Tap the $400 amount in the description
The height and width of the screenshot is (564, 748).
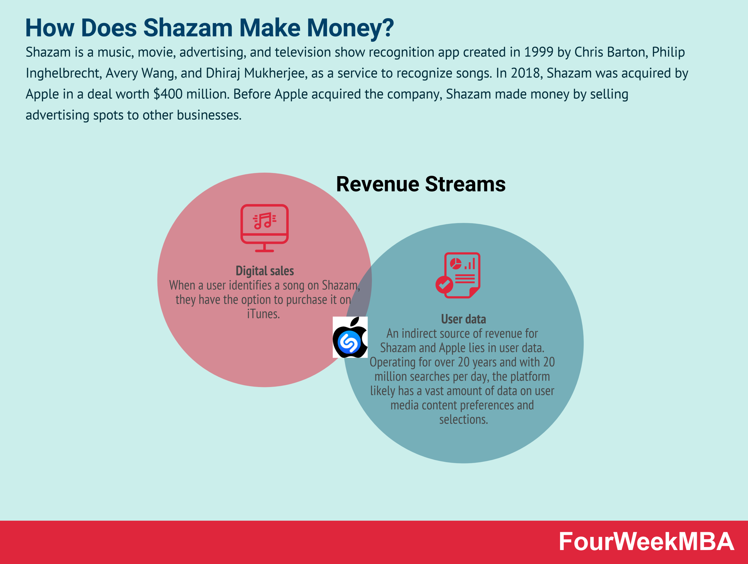pyautogui.click(x=168, y=94)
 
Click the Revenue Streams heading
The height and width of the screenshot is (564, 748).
pyautogui.click(x=421, y=185)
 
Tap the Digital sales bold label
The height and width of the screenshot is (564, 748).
pyautogui.click(x=264, y=271)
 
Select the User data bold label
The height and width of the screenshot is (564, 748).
pyautogui.click(x=463, y=319)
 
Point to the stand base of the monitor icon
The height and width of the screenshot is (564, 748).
pyautogui.click(x=264, y=250)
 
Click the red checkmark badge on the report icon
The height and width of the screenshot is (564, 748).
pyautogui.click(x=444, y=284)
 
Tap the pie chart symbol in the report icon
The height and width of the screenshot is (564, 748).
pyautogui.click(x=456, y=263)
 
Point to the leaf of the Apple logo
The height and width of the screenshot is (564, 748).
pyautogui.click(x=355, y=322)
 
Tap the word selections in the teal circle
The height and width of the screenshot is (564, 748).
pyautogui.click(x=463, y=420)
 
